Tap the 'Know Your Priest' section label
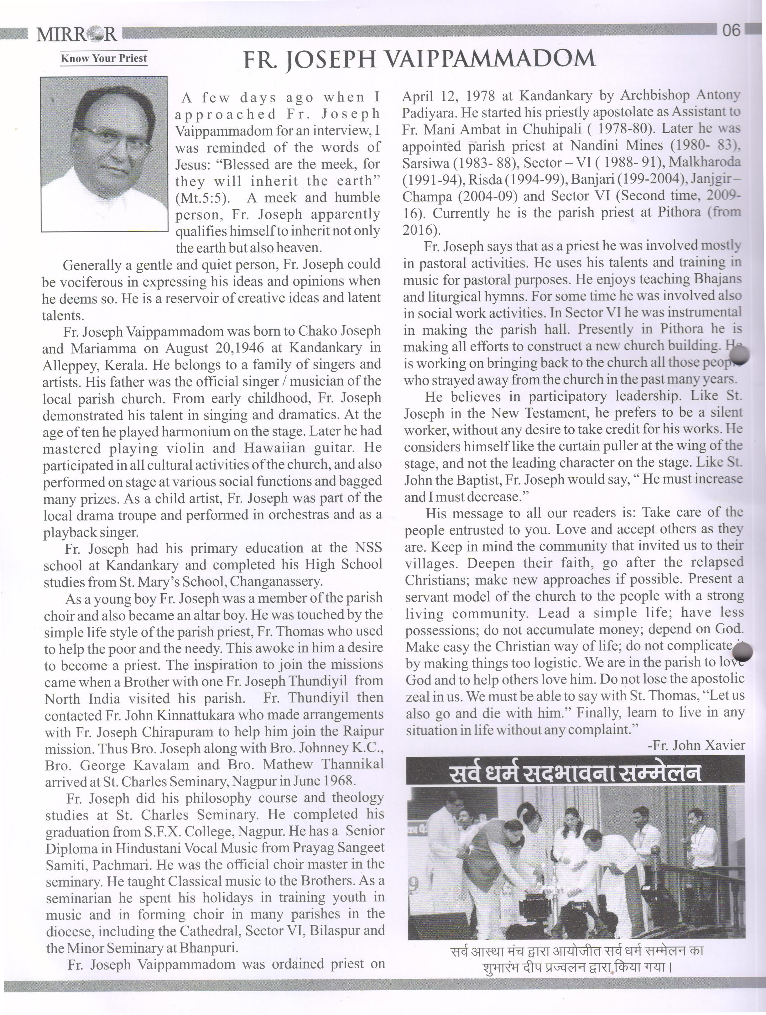click(104, 58)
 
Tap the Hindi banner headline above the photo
click(575, 773)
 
